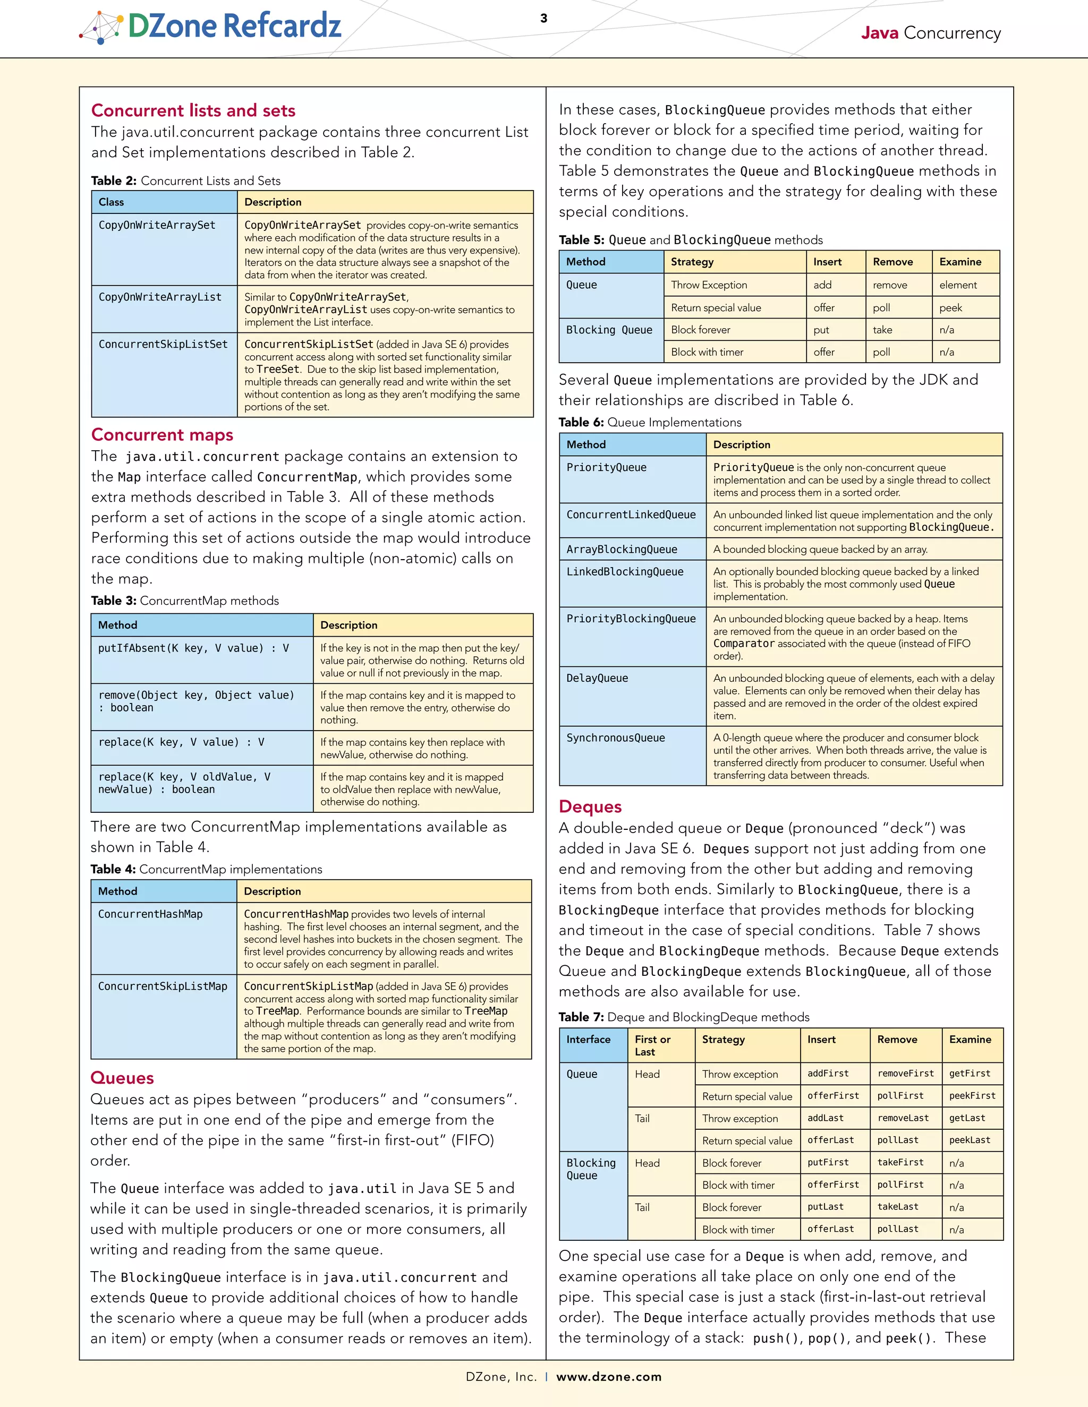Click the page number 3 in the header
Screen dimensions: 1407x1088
pyautogui.click(x=543, y=18)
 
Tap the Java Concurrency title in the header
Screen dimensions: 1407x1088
pyautogui.click(x=930, y=33)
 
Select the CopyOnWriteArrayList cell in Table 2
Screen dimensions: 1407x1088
pyautogui.click(x=160, y=297)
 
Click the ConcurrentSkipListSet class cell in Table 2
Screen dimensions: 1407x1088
pyautogui.click(x=163, y=344)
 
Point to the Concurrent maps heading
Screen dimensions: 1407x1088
pyautogui.click(x=162, y=435)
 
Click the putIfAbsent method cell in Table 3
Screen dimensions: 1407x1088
pyautogui.click(x=193, y=648)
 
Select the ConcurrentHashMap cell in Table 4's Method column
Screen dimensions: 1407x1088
pyautogui.click(x=150, y=914)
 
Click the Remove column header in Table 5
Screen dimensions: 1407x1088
pyautogui.click(x=892, y=262)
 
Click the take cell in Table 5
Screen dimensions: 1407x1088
pyautogui.click(x=882, y=330)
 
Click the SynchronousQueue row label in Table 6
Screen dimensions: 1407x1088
pyautogui.click(x=616, y=737)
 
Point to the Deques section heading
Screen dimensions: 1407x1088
pyautogui.click(x=590, y=807)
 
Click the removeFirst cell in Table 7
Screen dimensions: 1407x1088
pyautogui.click(x=905, y=1073)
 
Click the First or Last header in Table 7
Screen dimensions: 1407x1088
pyautogui.click(x=652, y=1045)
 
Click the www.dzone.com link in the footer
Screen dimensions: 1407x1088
pyautogui.click(x=608, y=1377)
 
